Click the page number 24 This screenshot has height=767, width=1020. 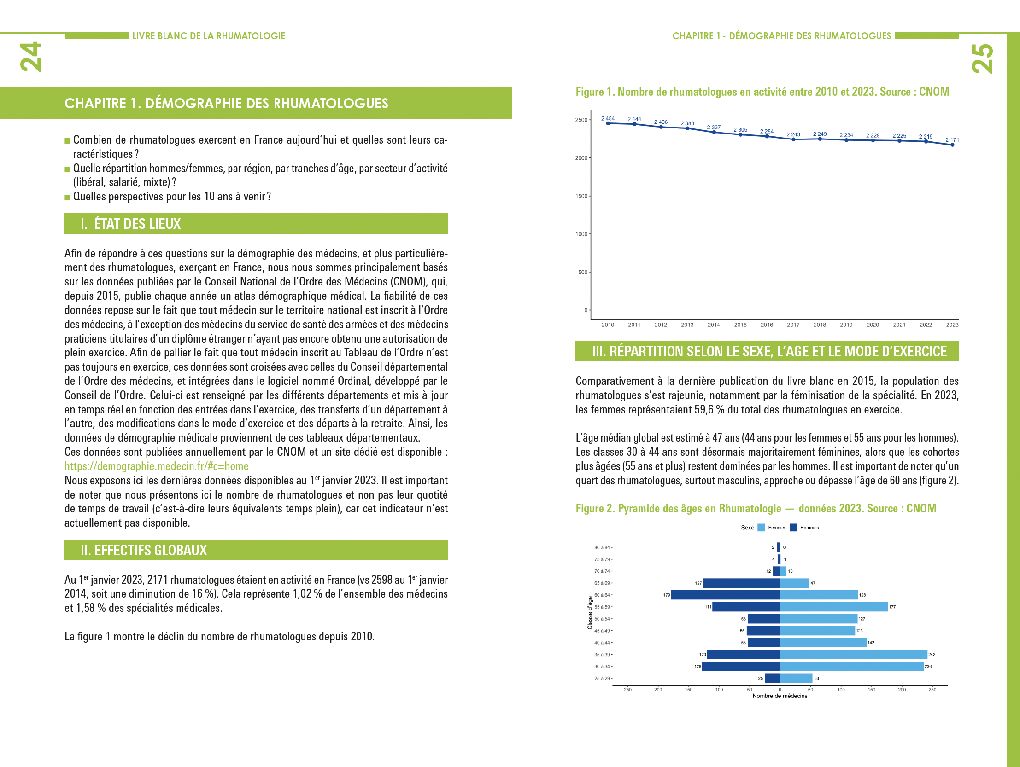[x=31, y=57]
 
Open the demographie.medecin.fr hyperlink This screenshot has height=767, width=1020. [x=156, y=466]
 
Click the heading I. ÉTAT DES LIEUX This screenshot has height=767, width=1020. [x=130, y=224]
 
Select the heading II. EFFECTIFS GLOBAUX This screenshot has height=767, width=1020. [x=143, y=550]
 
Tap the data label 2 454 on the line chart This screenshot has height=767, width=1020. [x=608, y=118]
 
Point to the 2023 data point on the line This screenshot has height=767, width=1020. [x=952, y=145]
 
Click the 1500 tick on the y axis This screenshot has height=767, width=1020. [x=581, y=196]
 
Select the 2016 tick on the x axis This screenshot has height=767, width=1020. [x=767, y=325]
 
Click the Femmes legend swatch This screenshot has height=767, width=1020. [x=761, y=527]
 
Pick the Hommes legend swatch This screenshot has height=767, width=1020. [x=794, y=527]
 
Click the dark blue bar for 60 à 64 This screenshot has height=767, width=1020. [x=725, y=595]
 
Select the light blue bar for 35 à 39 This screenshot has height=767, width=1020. [x=853, y=654]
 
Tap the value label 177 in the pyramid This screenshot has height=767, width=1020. [x=892, y=607]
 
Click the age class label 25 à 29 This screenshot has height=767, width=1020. [x=602, y=678]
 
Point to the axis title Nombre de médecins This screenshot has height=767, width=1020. [x=780, y=696]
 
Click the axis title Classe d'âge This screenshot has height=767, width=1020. [x=590, y=613]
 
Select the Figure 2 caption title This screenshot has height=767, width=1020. [x=756, y=508]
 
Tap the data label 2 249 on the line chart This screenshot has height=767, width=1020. [x=820, y=134]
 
